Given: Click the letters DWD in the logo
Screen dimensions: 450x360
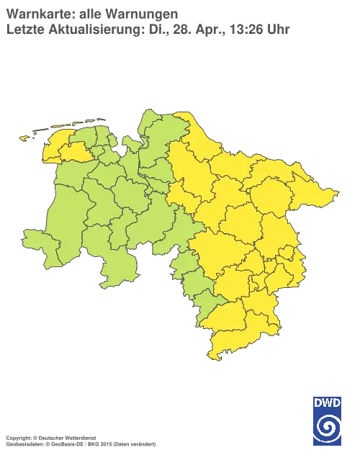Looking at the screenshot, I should pos(328,402).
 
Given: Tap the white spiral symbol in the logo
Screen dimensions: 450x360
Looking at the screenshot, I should pos(328,427).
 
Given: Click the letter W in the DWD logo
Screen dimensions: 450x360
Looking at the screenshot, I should pos(328,402).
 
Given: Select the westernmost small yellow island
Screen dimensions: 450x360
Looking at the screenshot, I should pos(24,138).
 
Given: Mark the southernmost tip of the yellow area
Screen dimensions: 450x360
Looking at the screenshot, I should pos(211,358).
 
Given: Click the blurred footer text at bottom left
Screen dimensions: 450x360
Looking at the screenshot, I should pos(79,436).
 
